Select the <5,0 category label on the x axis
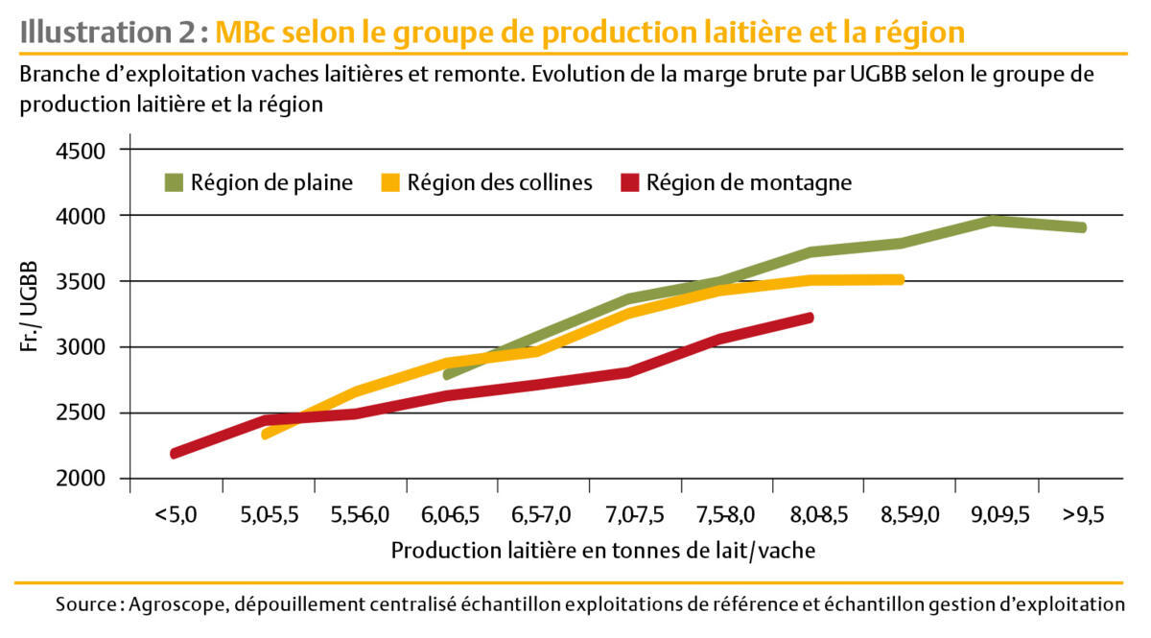176,514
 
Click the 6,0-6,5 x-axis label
450,514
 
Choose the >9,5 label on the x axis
1083,514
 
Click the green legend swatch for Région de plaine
173,182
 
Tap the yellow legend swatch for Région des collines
389,182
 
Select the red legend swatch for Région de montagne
629,182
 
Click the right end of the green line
1082,227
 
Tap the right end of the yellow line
901,279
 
